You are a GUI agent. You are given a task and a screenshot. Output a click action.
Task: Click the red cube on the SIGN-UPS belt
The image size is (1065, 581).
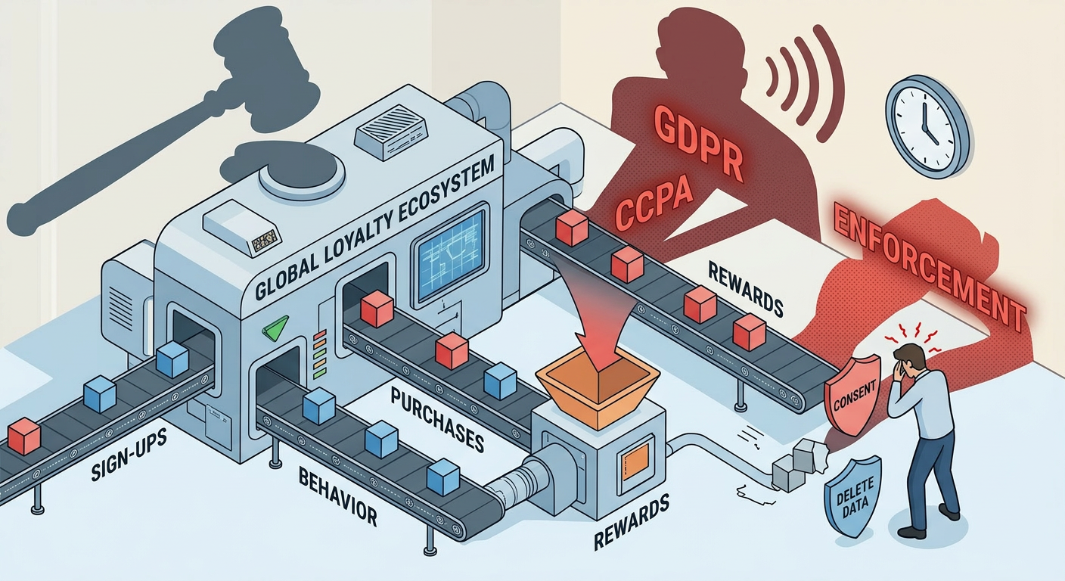coord(24,437)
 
